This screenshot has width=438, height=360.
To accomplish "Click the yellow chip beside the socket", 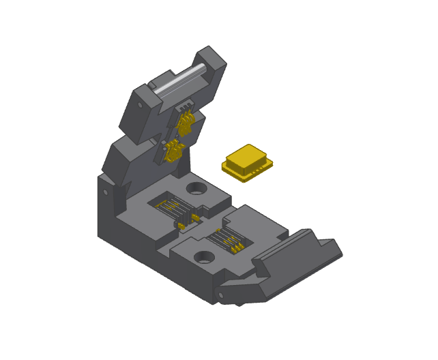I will [247, 162].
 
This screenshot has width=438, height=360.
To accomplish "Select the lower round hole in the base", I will [203, 257].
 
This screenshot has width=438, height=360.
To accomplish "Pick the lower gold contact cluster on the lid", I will [172, 148].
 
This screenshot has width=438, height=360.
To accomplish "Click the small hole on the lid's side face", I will [141, 106].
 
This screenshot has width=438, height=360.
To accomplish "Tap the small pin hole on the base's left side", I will [105, 193].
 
